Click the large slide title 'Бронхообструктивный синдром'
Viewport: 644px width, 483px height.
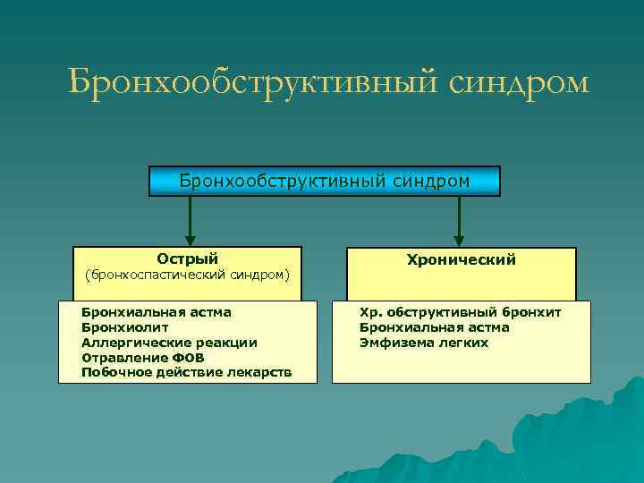328,82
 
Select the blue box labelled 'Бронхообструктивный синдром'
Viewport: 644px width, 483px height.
324,181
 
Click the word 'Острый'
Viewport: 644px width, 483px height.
188,258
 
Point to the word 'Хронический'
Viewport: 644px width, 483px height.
461,259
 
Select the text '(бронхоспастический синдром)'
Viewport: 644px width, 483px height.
187,275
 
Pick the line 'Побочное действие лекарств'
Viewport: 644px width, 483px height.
186,371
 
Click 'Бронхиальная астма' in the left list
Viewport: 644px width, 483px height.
157,312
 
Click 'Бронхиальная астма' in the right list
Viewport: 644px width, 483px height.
434,327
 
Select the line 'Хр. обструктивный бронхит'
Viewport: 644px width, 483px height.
460,312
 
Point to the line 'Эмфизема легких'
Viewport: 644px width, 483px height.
423,343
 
